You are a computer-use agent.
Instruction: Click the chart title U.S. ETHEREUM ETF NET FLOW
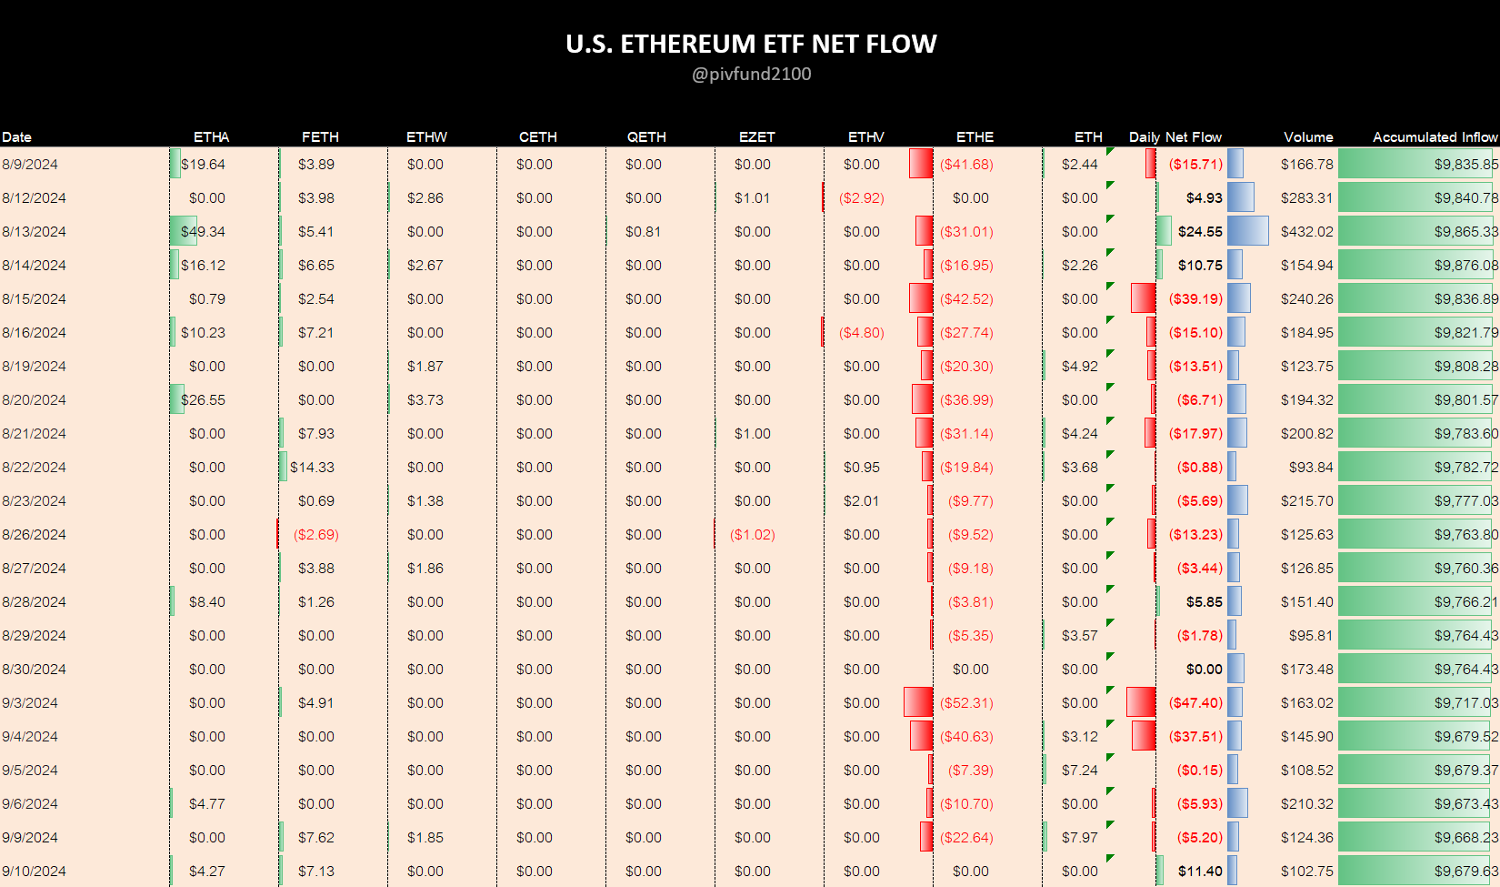point(751,44)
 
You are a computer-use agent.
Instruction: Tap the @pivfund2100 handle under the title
point(751,74)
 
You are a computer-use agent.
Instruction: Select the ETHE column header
point(975,136)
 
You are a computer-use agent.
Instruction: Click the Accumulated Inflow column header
point(1435,136)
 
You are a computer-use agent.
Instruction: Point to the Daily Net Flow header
point(1175,136)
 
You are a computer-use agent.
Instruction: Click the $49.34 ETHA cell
point(203,231)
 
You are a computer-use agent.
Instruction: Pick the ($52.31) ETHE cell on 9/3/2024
point(966,702)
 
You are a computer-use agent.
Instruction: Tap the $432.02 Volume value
point(1306,231)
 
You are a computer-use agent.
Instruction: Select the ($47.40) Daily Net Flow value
point(1195,702)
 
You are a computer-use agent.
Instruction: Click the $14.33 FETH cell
point(312,467)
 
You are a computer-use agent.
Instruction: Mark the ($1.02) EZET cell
point(752,534)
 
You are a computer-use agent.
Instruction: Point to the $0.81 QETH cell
point(643,231)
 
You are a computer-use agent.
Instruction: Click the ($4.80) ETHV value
point(861,332)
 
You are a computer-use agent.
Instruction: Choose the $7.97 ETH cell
point(1079,837)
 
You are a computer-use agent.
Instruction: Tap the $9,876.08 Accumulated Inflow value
point(1465,265)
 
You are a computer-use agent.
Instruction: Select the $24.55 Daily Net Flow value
point(1200,231)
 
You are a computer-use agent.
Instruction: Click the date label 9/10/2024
point(34,871)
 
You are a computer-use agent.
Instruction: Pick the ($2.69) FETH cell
point(315,534)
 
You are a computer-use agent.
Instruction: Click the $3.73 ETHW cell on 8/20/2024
point(425,399)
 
